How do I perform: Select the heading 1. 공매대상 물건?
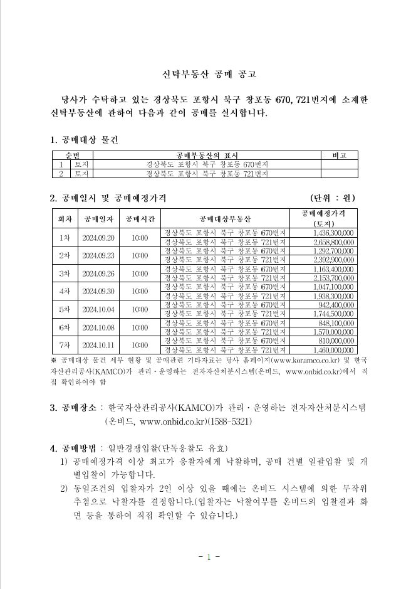(83, 138)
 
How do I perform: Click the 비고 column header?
(339, 155)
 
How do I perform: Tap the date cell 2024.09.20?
(98, 238)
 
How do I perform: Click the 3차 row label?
(64, 273)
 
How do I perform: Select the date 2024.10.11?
(98, 345)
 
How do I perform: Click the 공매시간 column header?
(140, 219)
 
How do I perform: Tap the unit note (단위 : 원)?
(333, 198)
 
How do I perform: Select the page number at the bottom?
(207, 556)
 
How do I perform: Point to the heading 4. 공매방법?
(73, 448)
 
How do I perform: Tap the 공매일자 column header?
(98, 219)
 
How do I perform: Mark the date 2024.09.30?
(98, 291)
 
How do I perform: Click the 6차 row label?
(64, 327)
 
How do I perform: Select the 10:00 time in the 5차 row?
(140, 309)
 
